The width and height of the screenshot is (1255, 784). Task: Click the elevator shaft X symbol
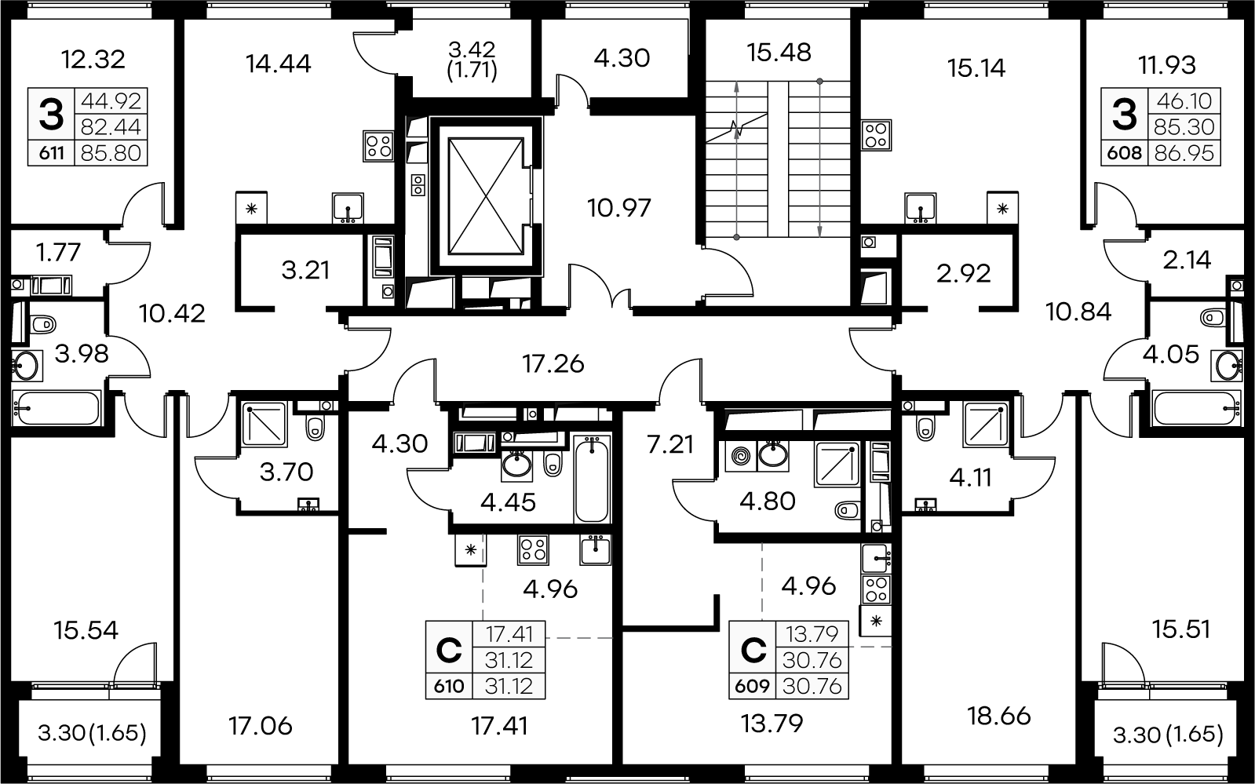click(x=485, y=197)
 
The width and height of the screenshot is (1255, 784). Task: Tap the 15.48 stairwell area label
click(x=779, y=53)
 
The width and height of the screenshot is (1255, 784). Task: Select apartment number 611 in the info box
click(x=52, y=153)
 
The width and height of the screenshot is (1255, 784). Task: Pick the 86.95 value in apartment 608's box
click(x=1184, y=153)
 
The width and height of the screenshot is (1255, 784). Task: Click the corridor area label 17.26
click(x=553, y=364)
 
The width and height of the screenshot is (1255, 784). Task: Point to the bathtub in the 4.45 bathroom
click(x=592, y=480)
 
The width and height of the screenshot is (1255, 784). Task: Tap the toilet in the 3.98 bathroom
click(x=42, y=324)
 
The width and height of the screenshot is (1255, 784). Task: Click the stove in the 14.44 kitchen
click(x=378, y=146)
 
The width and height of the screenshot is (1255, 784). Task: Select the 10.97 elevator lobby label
click(x=618, y=208)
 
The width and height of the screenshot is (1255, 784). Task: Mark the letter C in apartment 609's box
click(x=753, y=651)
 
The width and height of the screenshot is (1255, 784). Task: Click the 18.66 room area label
click(x=999, y=717)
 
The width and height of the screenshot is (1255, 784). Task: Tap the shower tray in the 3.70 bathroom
click(x=264, y=425)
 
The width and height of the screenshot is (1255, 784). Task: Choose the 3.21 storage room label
click(x=305, y=271)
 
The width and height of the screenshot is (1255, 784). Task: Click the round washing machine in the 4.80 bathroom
click(x=741, y=456)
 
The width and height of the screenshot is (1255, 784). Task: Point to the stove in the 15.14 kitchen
click(x=876, y=135)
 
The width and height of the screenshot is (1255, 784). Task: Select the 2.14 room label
click(x=1187, y=260)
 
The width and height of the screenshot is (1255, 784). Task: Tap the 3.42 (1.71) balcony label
click(x=472, y=61)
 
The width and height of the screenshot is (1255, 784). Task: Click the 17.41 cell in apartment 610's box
click(x=508, y=634)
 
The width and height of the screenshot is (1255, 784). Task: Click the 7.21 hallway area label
click(x=670, y=445)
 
